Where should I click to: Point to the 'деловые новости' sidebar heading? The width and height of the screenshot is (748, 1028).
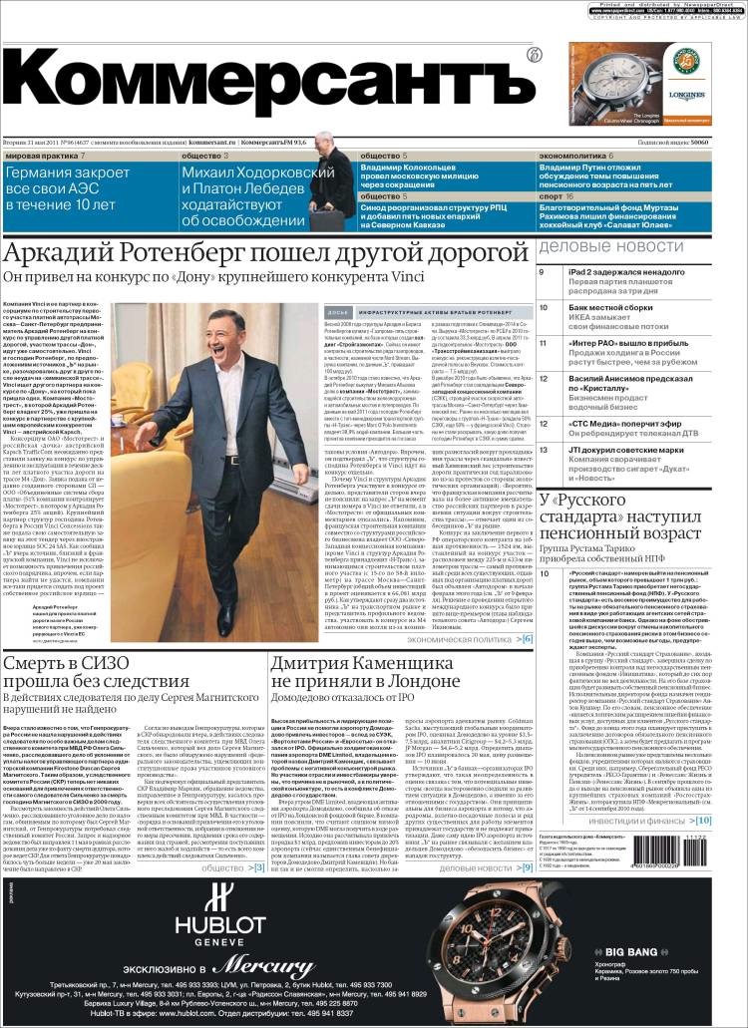(x=612, y=246)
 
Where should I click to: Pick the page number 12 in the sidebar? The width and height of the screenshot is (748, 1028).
(x=544, y=379)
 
